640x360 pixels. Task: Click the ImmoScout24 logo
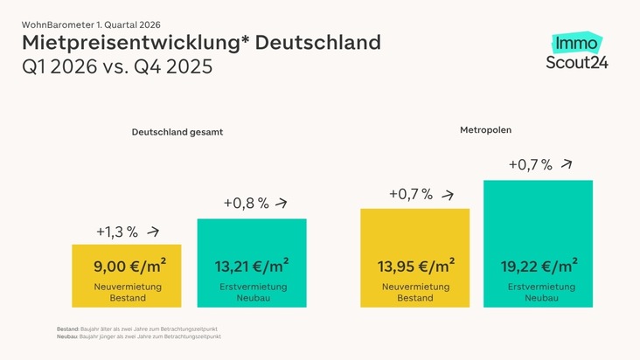coord(576,52)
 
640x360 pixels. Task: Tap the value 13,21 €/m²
coord(252,267)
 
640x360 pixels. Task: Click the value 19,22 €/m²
coord(538,267)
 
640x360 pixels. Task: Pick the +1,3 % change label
coord(117,232)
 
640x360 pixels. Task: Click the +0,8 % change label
coord(245,204)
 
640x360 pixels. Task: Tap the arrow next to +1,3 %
coord(154,232)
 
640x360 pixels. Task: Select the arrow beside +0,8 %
coord(281,203)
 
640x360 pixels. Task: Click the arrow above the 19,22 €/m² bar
coord(567,163)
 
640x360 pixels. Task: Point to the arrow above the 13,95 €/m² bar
coord(449,195)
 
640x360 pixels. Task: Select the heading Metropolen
coord(485,130)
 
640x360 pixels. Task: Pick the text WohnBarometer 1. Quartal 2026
coord(91,24)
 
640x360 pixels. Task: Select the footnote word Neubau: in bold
coord(66,336)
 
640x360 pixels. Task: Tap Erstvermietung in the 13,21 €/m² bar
coord(252,287)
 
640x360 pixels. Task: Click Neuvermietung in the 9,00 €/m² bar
coord(127,287)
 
